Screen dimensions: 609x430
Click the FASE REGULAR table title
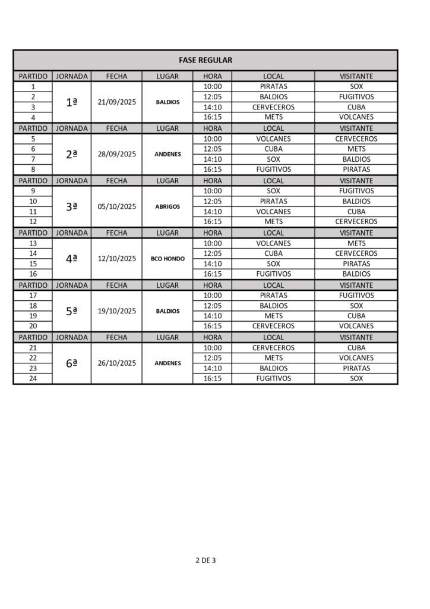tap(205, 60)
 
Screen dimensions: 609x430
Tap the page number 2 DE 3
tap(205, 560)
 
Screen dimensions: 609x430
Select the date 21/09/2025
tap(116, 102)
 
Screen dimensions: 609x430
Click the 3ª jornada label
tap(71, 206)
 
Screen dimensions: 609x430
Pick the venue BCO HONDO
tap(167, 259)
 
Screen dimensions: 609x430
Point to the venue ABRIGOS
tap(167, 206)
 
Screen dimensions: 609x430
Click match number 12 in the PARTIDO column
tap(33, 222)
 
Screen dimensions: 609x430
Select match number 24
tap(33, 378)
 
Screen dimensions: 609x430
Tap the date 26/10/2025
tap(116, 363)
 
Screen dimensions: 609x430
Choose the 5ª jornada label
tap(71, 311)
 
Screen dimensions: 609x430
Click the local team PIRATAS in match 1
tap(273, 86)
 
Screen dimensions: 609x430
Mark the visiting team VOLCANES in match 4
tap(356, 117)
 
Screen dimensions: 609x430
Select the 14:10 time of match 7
tap(212, 159)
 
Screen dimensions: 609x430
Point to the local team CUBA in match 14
tap(273, 253)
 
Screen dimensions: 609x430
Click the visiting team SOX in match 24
tap(356, 378)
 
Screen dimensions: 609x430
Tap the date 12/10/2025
tap(116, 259)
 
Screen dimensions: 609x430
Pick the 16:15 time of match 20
tap(212, 326)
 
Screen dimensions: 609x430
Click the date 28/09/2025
tap(116, 154)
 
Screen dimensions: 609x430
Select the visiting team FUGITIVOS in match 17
tap(356, 295)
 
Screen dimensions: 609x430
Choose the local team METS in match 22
tap(273, 358)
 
